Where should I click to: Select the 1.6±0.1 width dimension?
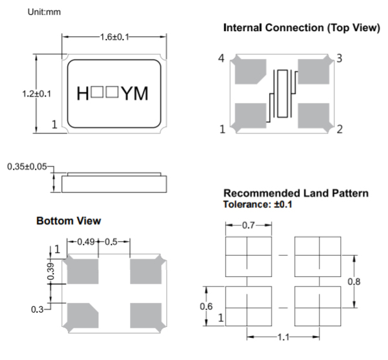pyautogui.click(x=114, y=37)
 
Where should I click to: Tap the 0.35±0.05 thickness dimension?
pyautogui.click(x=27, y=167)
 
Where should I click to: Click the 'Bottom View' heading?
pyautogui.click(x=69, y=221)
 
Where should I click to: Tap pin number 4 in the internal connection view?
pyautogui.click(x=221, y=59)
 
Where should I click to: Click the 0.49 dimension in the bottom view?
pyautogui.click(x=87, y=242)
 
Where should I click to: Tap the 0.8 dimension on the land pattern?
pyautogui.click(x=354, y=282)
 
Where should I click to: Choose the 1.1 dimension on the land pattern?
pyautogui.click(x=282, y=338)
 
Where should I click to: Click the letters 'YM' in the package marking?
pyautogui.click(x=135, y=94)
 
